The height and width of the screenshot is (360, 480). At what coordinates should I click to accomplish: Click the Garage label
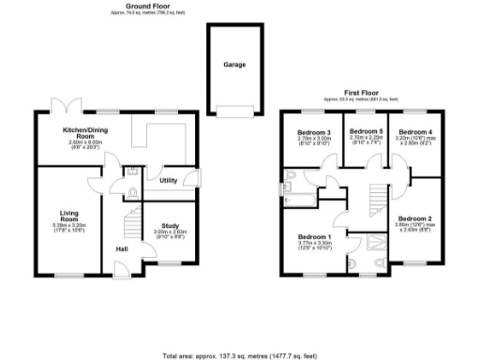[x=234, y=66]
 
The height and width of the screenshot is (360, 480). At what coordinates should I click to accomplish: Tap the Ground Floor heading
[x=148, y=7]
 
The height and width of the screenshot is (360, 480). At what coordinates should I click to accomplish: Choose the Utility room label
[x=169, y=180]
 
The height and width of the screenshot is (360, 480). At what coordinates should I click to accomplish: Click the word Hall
[x=122, y=248]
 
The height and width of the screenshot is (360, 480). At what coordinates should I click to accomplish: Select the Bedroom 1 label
[x=314, y=236]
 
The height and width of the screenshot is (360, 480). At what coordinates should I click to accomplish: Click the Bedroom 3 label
[x=315, y=131]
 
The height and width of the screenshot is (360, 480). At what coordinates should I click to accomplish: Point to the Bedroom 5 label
[x=366, y=131]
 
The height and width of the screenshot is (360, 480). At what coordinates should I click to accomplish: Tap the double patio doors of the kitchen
[x=66, y=106]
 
